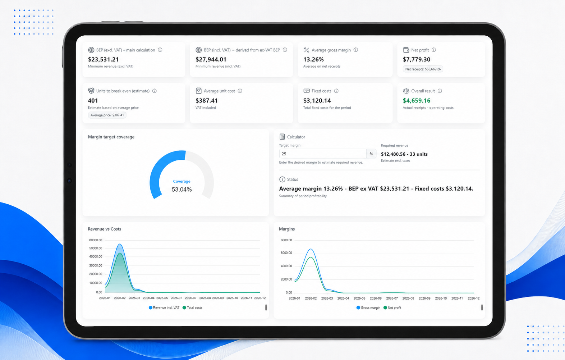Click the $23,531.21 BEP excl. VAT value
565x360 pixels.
point(103,59)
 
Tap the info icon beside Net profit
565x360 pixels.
point(433,50)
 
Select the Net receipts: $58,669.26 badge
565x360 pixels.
point(423,69)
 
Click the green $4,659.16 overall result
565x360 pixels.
point(417,100)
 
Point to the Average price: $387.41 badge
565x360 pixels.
point(107,115)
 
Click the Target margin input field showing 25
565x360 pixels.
point(323,154)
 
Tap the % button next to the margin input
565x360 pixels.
point(371,154)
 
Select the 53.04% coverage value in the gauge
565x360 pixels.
point(182,189)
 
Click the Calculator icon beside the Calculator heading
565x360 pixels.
point(282,137)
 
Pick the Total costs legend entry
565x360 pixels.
point(192,307)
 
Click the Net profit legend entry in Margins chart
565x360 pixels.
point(392,307)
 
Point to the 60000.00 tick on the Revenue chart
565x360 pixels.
point(96,240)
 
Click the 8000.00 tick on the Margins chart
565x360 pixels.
point(286,240)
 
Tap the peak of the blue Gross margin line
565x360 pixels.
point(311,249)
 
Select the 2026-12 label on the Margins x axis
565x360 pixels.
point(473,298)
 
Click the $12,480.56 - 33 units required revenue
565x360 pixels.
point(404,154)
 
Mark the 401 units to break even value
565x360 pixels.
point(93,100)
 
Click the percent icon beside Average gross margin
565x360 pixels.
point(307,50)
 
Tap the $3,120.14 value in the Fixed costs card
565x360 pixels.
point(317,100)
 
